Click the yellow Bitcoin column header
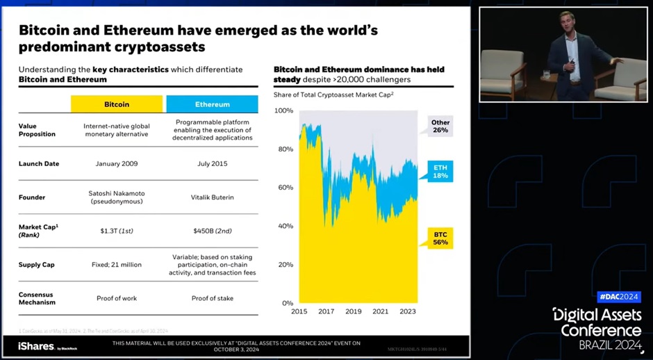(x=117, y=104)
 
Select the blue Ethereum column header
(x=212, y=104)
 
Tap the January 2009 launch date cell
(x=117, y=164)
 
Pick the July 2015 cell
(x=212, y=164)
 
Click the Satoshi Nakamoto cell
(x=117, y=197)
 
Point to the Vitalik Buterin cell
(x=212, y=197)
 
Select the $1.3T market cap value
(x=117, y=230)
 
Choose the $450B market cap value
(x=212, y=230)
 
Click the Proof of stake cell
(x=212, y=298)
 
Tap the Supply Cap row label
(x=36, y=265)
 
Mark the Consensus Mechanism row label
(x=37, y=298)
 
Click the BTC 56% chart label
(x=440, y=238)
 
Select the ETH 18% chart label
(x=440, y=172)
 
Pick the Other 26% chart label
(x=440, y=126)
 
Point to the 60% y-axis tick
(x=284, y=188)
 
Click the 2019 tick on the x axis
(x=353, y=311)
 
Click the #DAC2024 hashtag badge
(x=618, y=297)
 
